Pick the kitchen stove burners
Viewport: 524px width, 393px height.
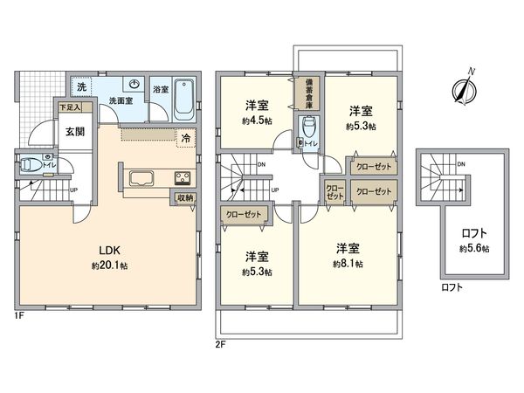[183, 179]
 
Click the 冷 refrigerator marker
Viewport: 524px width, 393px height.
[185, 137]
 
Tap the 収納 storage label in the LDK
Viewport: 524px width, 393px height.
[183, 198]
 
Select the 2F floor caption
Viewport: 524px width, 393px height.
[221, 344]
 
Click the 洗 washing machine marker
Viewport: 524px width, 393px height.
[80, 87]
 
